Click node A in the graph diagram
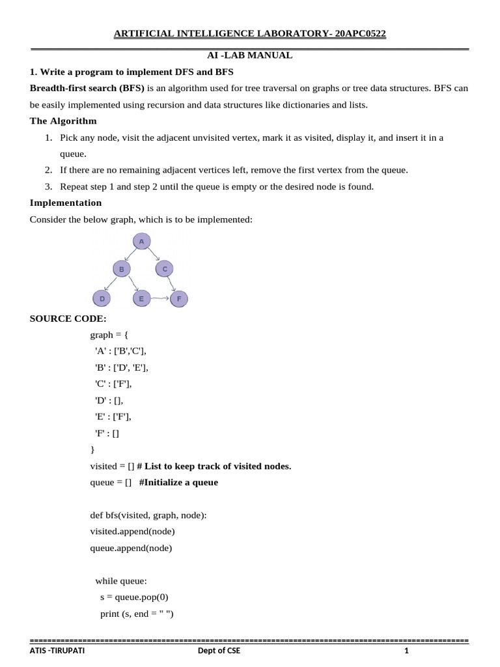point(141,242)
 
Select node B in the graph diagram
point(121,268)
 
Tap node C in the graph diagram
point(165,268)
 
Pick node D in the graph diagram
point(102,299)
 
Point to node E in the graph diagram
point(141,299)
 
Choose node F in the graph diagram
point(179,299)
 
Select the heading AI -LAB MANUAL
point(249,55)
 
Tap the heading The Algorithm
point(63,121)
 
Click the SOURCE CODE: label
point(68,319)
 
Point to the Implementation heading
point(66,203)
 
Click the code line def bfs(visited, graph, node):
point(148,515)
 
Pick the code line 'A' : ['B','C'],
point(120,351)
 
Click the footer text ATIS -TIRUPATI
point(57,651)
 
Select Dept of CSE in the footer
point(219,651)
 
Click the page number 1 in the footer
point(406,651)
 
